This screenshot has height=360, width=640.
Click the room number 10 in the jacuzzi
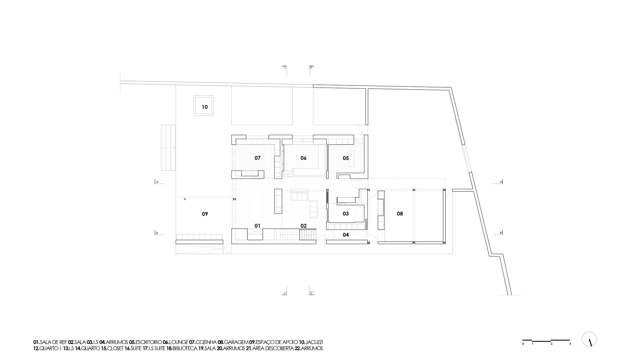(x=205, y=107)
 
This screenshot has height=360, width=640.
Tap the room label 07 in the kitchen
(x=258, y=158)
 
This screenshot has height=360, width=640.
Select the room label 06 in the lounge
(x=303, y=158)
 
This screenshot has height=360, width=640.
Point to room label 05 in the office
(x=346, y=158)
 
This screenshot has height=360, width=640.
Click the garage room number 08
(x=400, y=213)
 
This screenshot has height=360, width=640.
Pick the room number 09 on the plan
(x=205, y=214)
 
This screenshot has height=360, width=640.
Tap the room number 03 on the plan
(x=346, y=213)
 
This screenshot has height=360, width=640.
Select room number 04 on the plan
(x=346, y=235)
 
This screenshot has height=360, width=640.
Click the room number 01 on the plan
(x=258, y=226)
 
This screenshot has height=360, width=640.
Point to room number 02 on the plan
(x=303, y=226)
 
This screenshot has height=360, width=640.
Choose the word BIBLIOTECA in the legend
(x=185, y=348)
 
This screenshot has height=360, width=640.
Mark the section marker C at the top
(x=285, y=68)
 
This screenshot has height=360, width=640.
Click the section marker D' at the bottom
(x=311, y=293)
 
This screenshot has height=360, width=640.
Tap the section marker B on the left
(x=157, y=233)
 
